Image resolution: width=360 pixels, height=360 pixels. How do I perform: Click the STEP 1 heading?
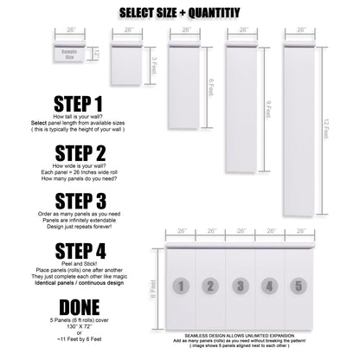click(77, 104)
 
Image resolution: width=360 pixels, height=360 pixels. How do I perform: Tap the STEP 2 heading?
click(77, 153)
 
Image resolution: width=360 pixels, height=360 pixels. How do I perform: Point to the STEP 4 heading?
click(77, 251)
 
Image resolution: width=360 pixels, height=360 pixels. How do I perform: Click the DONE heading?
click(77, 307)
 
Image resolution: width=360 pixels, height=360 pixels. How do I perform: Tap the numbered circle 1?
click(180, 285)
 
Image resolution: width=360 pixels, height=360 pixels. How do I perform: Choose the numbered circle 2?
click(210, 285)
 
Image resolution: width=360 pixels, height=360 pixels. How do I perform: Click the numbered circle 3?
click(241, 285)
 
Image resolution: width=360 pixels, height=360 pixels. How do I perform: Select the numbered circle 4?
click(270, 285)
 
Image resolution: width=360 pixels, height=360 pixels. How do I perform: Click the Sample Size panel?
click(69, 53)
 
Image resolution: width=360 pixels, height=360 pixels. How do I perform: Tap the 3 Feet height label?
click(155, 64)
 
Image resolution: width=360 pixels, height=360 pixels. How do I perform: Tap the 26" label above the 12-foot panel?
click(300, 29)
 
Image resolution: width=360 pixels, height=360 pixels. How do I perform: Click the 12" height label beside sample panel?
click(98, 55)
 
